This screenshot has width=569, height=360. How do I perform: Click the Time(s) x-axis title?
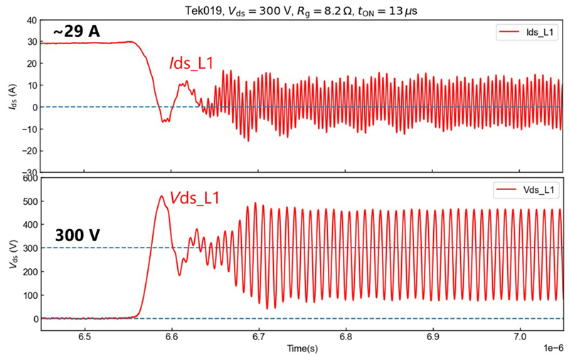click(302, 350)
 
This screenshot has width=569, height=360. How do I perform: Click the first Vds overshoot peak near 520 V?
click(161, 196)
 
